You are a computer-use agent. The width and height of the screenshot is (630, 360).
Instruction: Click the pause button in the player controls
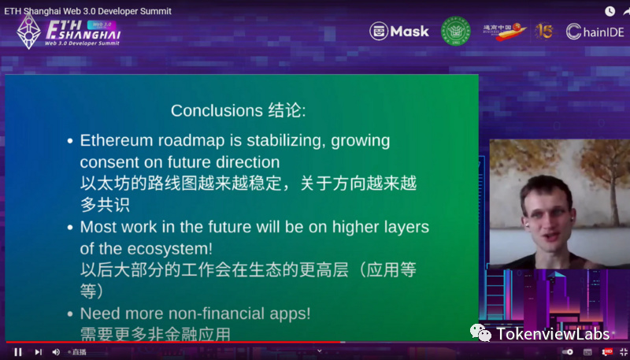point(18,352)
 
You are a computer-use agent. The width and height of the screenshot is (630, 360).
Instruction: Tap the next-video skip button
point(38,352)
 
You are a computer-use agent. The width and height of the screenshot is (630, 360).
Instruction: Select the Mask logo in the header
point(399,32)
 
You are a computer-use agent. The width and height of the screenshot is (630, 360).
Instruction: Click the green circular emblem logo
point(455,31)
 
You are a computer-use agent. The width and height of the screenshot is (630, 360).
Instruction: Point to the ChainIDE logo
point(595,32)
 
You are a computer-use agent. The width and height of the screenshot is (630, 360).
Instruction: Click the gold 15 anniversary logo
point(544,31)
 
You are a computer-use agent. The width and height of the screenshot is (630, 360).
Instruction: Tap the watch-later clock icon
point(610,11)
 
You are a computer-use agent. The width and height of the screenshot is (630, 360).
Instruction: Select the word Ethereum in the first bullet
point(117,141)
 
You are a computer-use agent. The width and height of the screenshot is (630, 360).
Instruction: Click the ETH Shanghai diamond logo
point(29,32)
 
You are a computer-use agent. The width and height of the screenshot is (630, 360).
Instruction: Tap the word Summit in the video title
point(151,11)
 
